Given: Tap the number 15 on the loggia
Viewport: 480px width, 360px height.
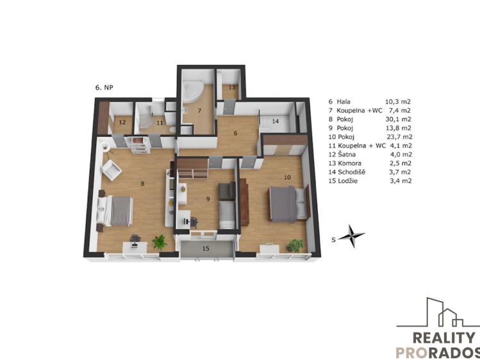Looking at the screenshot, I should (206, 247).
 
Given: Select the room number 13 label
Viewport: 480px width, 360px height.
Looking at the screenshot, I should (232, 87).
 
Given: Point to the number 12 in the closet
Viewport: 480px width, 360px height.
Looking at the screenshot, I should (120, 122).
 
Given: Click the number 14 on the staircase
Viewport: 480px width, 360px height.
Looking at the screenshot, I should (275, 120).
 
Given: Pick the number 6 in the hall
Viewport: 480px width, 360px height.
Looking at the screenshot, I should (235, 133).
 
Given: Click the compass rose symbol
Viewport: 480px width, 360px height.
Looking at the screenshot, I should (351, 236).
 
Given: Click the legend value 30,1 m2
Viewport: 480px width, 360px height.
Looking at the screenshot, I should (398, 119).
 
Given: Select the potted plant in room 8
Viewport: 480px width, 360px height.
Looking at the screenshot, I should (159, 241).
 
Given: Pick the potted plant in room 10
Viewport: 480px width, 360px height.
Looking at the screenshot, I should (295, 245).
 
